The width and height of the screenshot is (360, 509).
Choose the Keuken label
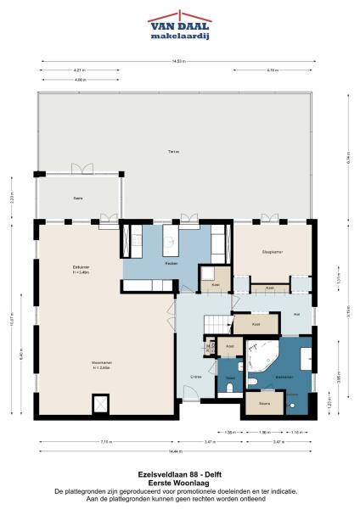pyautogui.click(x=171, y=265)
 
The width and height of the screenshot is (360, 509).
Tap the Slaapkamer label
pyautogui.click(x=271, y=253)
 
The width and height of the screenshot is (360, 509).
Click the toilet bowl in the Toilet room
pyautogui.click(x=231, y=389)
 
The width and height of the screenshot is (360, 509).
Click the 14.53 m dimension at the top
pyautogui.click(x=179, y=61)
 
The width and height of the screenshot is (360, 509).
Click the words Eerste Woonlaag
pyautogui.click(x=179, y=482)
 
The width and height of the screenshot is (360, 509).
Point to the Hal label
pyautogui.click(x=296, y=314)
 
